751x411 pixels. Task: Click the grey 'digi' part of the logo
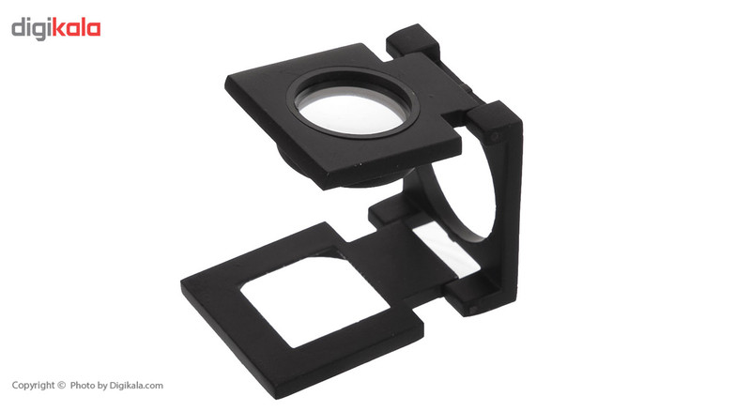pos(31,30)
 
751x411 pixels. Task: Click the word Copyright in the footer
pos(33,386)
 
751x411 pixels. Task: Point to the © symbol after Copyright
pos(61,385)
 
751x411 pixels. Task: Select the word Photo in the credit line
pos(83,385)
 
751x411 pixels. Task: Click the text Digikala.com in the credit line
pos(136,386)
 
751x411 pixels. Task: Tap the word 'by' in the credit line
pos(102,386)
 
